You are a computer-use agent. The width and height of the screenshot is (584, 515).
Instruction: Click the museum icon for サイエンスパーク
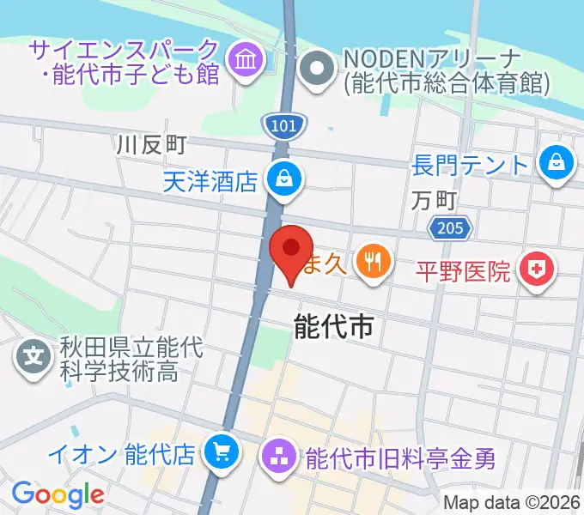click(x=245, y=62)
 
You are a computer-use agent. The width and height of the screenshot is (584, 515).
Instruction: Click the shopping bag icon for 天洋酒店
click(x=282, y=179)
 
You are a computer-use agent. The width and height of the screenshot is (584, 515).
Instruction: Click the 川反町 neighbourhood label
click(x=152, y=145)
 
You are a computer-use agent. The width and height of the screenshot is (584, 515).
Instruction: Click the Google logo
click(x=58, y=494)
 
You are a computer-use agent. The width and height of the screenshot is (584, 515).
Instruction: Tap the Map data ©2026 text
click(x=512, y=502)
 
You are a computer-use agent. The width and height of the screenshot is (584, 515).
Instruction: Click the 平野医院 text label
click(x=463, y=272)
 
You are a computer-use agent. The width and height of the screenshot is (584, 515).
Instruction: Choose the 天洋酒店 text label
click(x=210, y=179)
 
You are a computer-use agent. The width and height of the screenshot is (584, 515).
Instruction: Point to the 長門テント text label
click(x=471, y=162)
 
